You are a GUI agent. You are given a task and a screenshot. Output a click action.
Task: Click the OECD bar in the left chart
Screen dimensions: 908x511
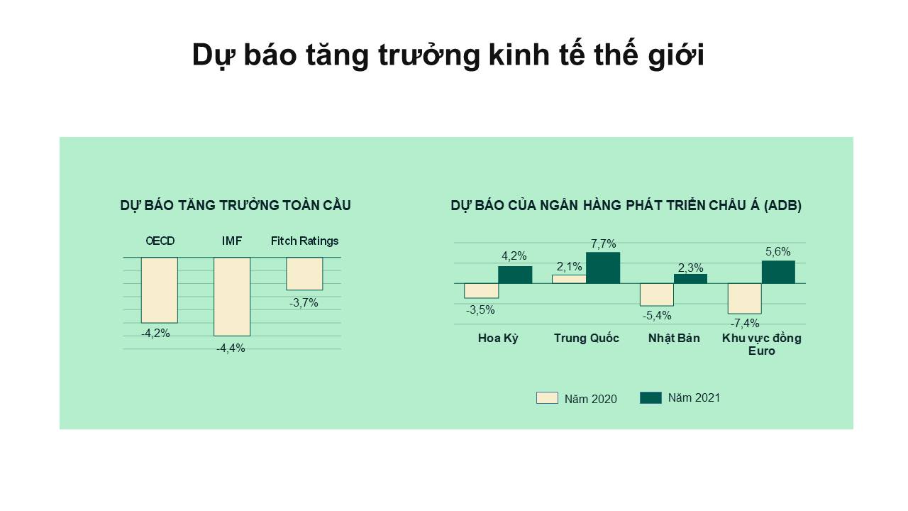tap(160, 290)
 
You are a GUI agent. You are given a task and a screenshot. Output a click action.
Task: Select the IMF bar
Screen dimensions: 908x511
tap(232, 297)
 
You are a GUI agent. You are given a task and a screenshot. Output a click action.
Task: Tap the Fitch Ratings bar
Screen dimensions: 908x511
tap(304, 274)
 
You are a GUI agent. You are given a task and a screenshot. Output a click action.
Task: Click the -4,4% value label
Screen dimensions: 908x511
tap(231, 348)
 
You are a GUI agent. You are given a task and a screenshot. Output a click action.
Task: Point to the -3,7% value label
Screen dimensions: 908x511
tap(304, 303)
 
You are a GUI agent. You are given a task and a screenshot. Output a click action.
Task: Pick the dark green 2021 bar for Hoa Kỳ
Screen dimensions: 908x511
tap(515, 275)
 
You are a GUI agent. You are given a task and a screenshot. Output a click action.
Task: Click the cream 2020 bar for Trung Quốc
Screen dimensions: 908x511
tap(569, 279)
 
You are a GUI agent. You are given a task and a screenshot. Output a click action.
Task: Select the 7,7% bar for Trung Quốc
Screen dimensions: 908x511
tap(603, 268)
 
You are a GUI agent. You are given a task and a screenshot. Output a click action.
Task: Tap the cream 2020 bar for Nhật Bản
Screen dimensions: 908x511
tap(657, 295)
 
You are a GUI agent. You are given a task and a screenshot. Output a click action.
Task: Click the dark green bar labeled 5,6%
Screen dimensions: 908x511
tap(778, 272)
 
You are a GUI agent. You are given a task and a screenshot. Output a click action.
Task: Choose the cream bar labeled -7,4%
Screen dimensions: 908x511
tap(745, 299)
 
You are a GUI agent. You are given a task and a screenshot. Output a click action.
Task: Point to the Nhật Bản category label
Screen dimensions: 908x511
tap(674, 339)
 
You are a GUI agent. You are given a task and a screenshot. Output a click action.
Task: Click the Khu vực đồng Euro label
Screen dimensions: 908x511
tap(762, 344)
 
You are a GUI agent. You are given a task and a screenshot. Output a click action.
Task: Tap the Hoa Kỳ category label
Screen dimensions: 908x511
tap(498, 339)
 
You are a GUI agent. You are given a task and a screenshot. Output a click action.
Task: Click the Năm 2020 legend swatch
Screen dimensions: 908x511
tap(547, 398)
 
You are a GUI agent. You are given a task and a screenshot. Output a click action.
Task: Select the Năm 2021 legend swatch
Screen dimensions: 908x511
tap(650, 398)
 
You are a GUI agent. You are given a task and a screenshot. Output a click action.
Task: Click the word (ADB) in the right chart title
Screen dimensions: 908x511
tap(782, 206)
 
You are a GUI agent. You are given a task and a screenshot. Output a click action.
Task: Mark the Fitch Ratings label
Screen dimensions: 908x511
tap(304, 241)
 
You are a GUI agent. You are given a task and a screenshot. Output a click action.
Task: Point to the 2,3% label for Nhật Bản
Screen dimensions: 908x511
tap(691, 268)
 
